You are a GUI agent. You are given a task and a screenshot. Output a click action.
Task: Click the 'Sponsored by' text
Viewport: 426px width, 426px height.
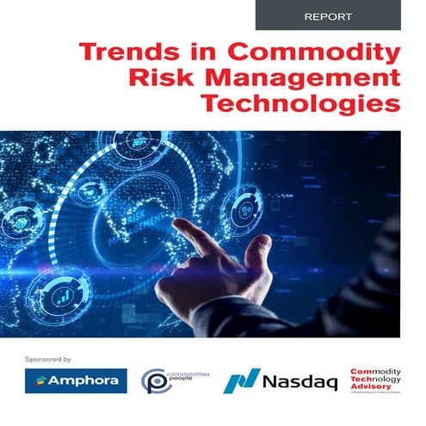click(47, 357)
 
